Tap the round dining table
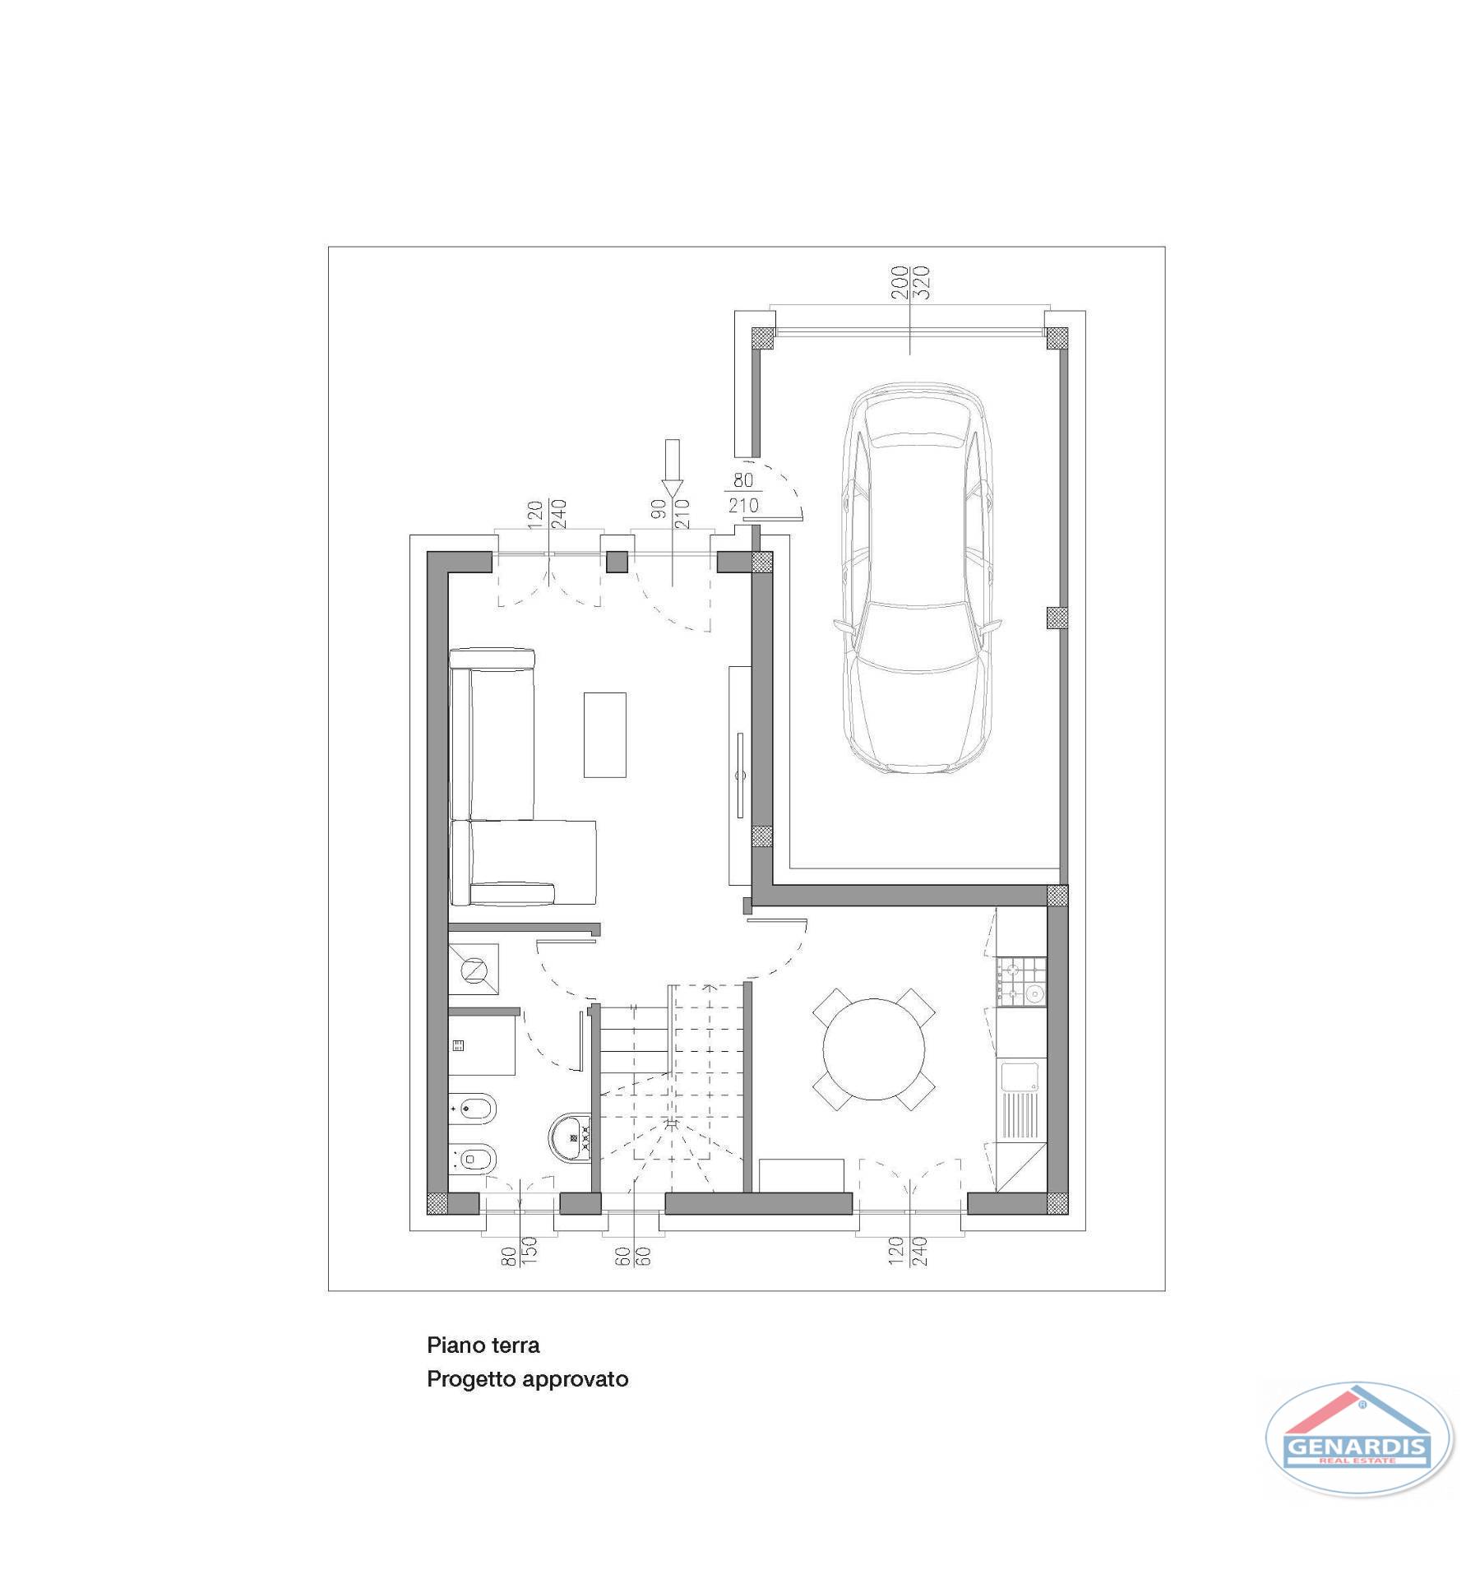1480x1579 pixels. pos(874,1049)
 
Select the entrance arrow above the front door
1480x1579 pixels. pos(673,468)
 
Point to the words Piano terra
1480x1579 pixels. pos(483,1345)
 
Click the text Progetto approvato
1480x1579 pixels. pos(528,1379)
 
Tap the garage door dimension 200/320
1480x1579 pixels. pos(910,282)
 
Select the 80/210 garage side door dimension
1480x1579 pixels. pos(743,493)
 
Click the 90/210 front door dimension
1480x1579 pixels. pos(671,514)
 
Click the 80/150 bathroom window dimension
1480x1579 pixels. pos(519,1251)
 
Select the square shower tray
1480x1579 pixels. pos(474,970)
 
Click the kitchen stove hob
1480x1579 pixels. pos(1020,981)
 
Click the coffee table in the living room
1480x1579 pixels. pos(604,734)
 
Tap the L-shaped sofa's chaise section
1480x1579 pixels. pos(523,862)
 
